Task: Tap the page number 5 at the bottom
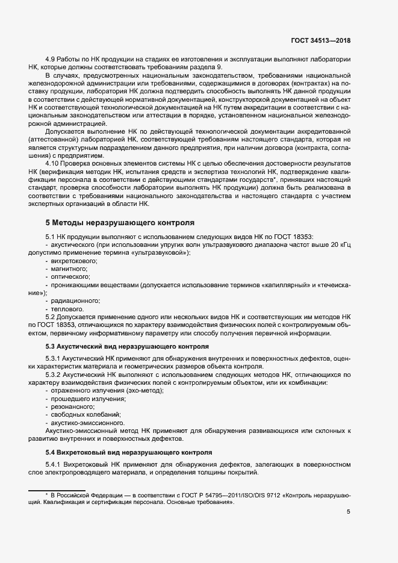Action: (348, 512)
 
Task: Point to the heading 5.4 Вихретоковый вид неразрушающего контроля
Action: (128, 452)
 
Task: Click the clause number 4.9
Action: (52, 60)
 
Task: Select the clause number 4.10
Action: (54, 164)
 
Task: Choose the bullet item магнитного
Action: (70, 269)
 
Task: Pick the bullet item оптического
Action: (72, 276)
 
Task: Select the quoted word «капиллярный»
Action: (286, 284)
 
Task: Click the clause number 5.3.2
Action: (55, 375)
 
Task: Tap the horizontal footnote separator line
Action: (57, 488)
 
